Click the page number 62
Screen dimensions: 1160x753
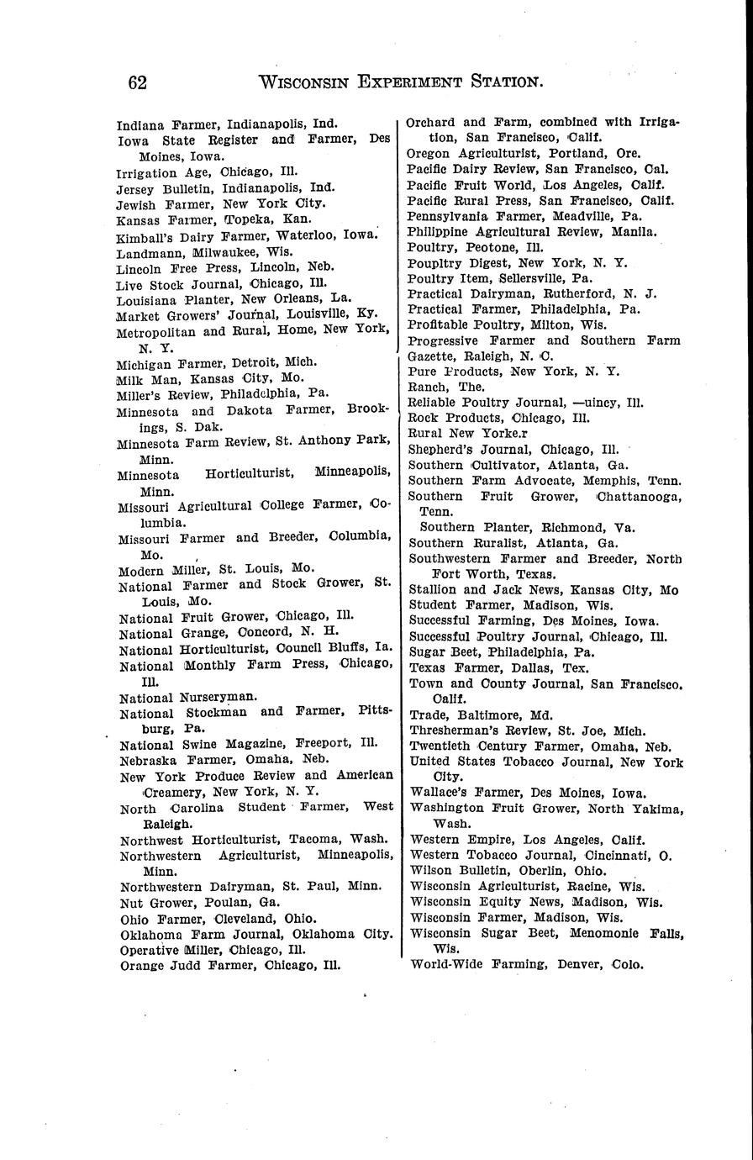138,82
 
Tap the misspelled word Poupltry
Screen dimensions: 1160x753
434,263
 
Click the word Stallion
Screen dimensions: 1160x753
434,590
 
